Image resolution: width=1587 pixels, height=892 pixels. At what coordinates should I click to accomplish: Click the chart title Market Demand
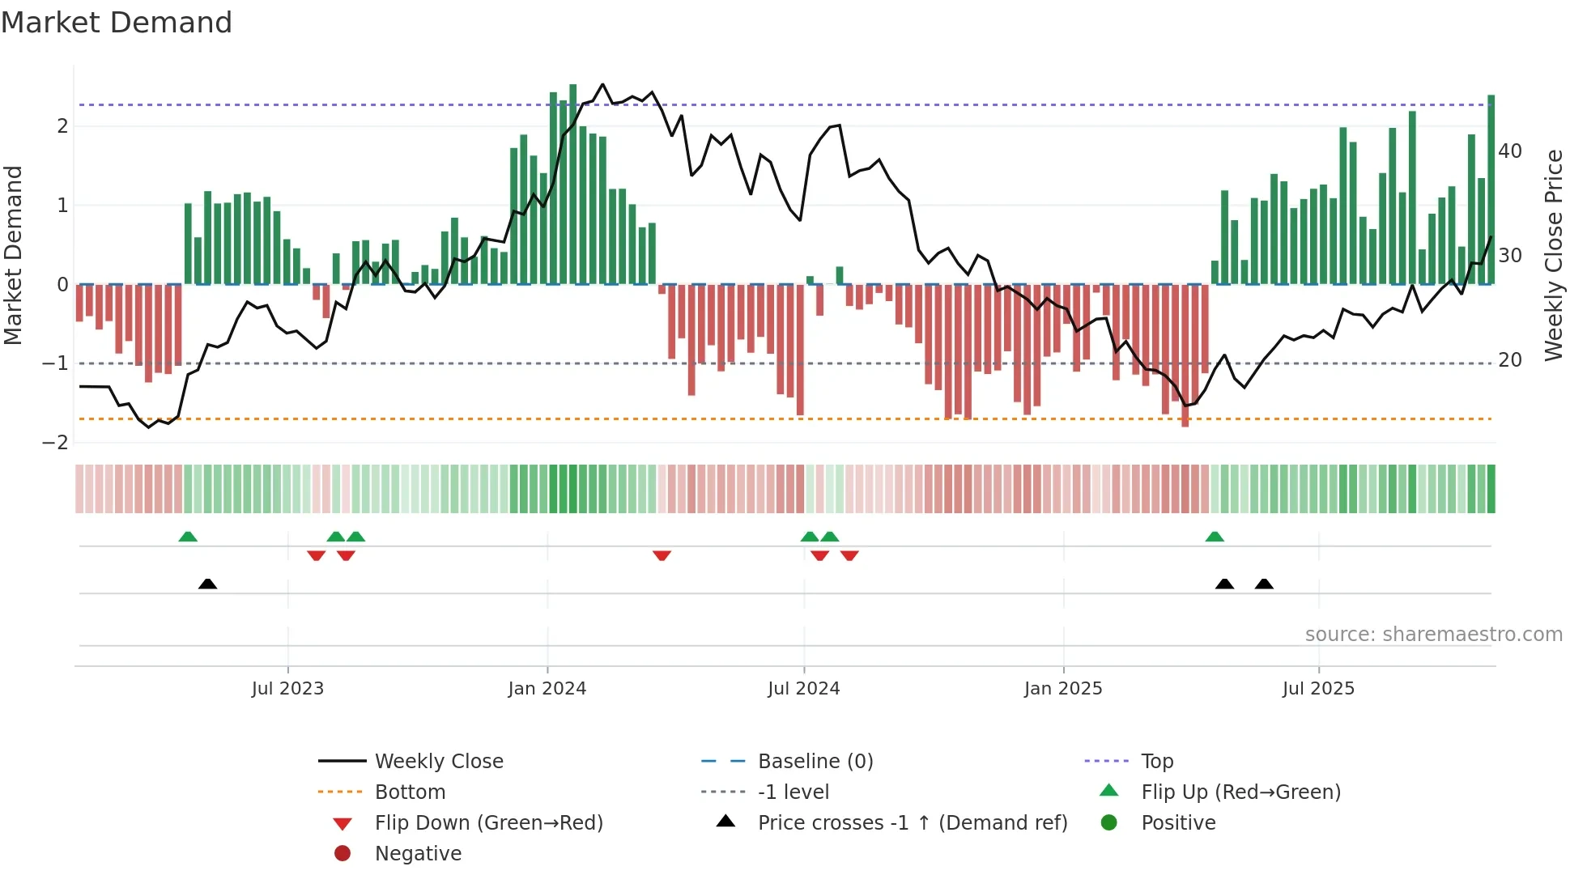117,23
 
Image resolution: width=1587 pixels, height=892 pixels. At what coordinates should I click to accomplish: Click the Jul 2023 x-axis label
287,689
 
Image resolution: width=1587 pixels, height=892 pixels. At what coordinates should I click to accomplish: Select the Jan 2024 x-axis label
547,689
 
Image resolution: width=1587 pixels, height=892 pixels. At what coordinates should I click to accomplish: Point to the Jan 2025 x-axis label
1062,689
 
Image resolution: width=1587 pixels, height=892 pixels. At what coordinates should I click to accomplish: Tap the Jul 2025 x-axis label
1318,689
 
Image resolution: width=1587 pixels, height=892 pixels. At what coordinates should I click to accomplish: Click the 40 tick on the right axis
1510,151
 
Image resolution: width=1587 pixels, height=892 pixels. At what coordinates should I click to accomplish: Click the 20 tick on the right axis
1510,360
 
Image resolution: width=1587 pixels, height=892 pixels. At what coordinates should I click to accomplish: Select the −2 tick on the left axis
56,443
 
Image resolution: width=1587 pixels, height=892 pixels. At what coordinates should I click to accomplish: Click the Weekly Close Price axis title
1553,255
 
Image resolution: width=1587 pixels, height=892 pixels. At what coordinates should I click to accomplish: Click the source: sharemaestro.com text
1433,635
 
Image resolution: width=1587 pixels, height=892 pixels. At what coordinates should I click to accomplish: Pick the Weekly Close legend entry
438,762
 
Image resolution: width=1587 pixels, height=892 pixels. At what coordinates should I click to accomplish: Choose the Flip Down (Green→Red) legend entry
488,823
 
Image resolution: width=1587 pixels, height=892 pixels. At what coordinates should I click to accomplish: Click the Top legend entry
1156,762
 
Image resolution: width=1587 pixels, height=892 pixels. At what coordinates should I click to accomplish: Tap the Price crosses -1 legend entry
912,823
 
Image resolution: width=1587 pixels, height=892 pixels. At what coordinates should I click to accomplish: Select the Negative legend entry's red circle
343,854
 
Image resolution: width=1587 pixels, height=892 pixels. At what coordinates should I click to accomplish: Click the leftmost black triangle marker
207,584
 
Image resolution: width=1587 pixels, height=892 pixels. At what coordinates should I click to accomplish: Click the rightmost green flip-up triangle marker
1215,537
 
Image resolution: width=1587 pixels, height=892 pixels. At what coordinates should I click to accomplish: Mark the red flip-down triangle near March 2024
662,555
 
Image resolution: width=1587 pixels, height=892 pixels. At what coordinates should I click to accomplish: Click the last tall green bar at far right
1491,190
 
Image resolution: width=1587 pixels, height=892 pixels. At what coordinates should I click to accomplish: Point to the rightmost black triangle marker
1264,584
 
